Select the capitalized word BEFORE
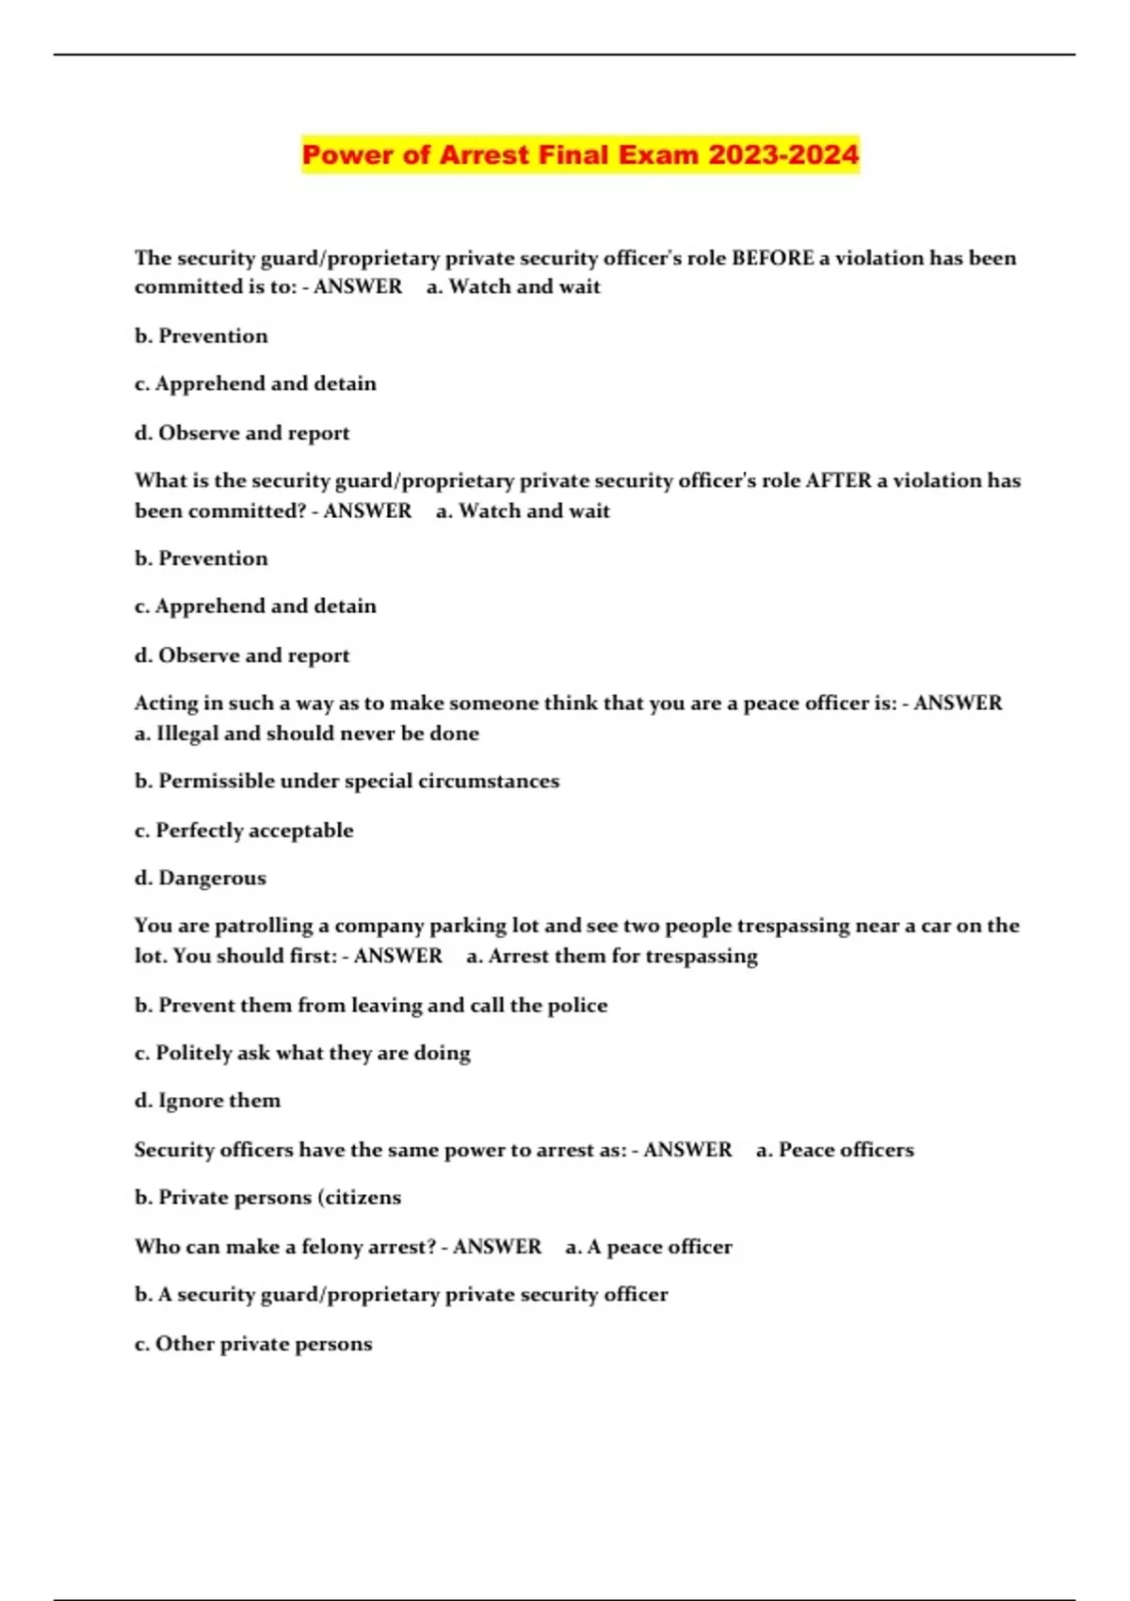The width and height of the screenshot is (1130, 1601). pos(772,258)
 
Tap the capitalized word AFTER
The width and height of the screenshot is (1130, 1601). pos(838,480)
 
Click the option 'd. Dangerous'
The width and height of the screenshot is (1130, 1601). pos(201,878)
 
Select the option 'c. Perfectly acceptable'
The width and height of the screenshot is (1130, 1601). pos(244,830)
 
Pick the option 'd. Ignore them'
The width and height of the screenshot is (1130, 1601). pos(207,1100)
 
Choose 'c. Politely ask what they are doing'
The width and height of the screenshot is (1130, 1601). pos(302,1053)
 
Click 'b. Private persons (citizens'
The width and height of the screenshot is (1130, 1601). pos(267,1197)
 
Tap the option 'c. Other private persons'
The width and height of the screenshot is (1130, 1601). pos(253,1343)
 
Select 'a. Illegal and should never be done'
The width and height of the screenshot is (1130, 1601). pos(307,733)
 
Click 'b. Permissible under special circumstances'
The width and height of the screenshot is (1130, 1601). pos(347,781)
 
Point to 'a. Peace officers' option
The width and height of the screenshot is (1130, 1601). pos(834,1150)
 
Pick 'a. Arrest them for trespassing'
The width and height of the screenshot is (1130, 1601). pos(612,956)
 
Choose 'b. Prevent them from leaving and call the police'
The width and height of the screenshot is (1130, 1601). pos(371,1005)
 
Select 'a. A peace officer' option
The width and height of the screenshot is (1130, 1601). pos(649,1247)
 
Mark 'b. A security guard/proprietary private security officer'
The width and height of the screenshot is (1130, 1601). pos(401,1294)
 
